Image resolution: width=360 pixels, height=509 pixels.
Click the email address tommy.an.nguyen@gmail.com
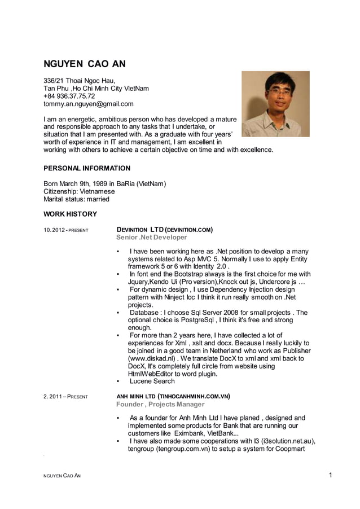tap(89, 104)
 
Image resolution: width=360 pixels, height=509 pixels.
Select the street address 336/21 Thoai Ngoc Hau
tap(80, 81)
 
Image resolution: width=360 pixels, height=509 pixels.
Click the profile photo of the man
tap(275, 103)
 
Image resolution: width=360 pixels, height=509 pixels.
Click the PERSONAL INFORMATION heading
tap(87, 168)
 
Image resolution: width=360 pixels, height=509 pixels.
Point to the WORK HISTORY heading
tap(71, 214)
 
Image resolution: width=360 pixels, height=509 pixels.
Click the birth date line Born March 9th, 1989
tap(104, 184)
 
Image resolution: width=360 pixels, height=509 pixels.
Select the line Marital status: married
tap(77, 199)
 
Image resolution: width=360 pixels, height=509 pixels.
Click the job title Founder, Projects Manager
tap(160, 405)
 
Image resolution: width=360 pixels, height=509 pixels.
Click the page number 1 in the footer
tap(330, 475)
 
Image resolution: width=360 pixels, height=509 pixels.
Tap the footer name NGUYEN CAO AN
tap(62, 476)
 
